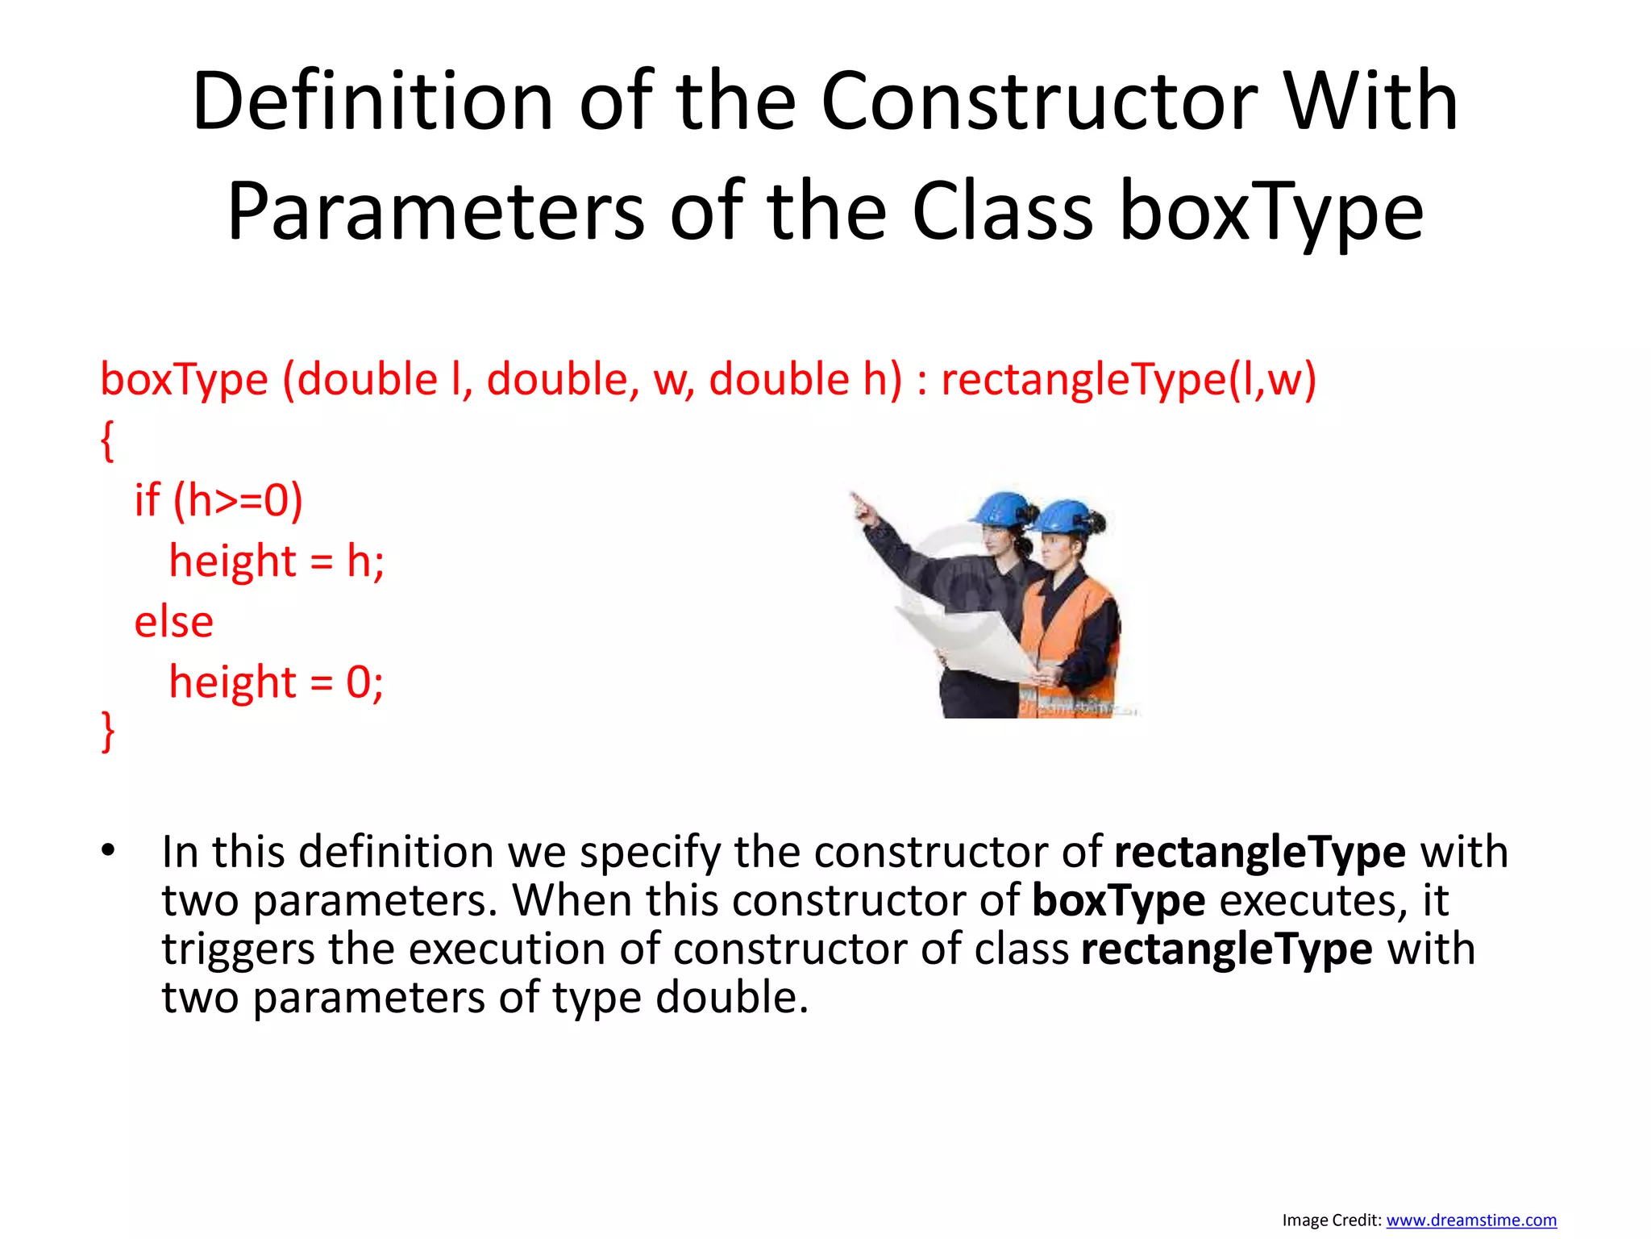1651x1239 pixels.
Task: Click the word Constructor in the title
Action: point(1038,102)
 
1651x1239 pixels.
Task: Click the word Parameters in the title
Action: point(435,212)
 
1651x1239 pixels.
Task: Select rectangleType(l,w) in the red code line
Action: point(1129,379)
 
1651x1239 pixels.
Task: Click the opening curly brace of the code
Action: point(107,440)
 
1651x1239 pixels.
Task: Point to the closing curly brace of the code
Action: point(107,731)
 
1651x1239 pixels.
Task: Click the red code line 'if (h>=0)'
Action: point(218,500)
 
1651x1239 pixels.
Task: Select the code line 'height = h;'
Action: point(277,561)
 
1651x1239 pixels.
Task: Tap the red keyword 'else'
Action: point(173,622)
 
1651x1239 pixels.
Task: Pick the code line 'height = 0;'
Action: point(276,682)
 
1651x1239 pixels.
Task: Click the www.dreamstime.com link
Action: point(1470,1220)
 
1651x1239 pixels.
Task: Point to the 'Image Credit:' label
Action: point(1332,1220)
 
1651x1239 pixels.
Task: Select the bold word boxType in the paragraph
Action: point(1118,900)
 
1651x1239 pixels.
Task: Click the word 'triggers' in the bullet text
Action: point(238,949)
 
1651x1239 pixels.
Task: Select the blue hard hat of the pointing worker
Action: point(1001,507)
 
